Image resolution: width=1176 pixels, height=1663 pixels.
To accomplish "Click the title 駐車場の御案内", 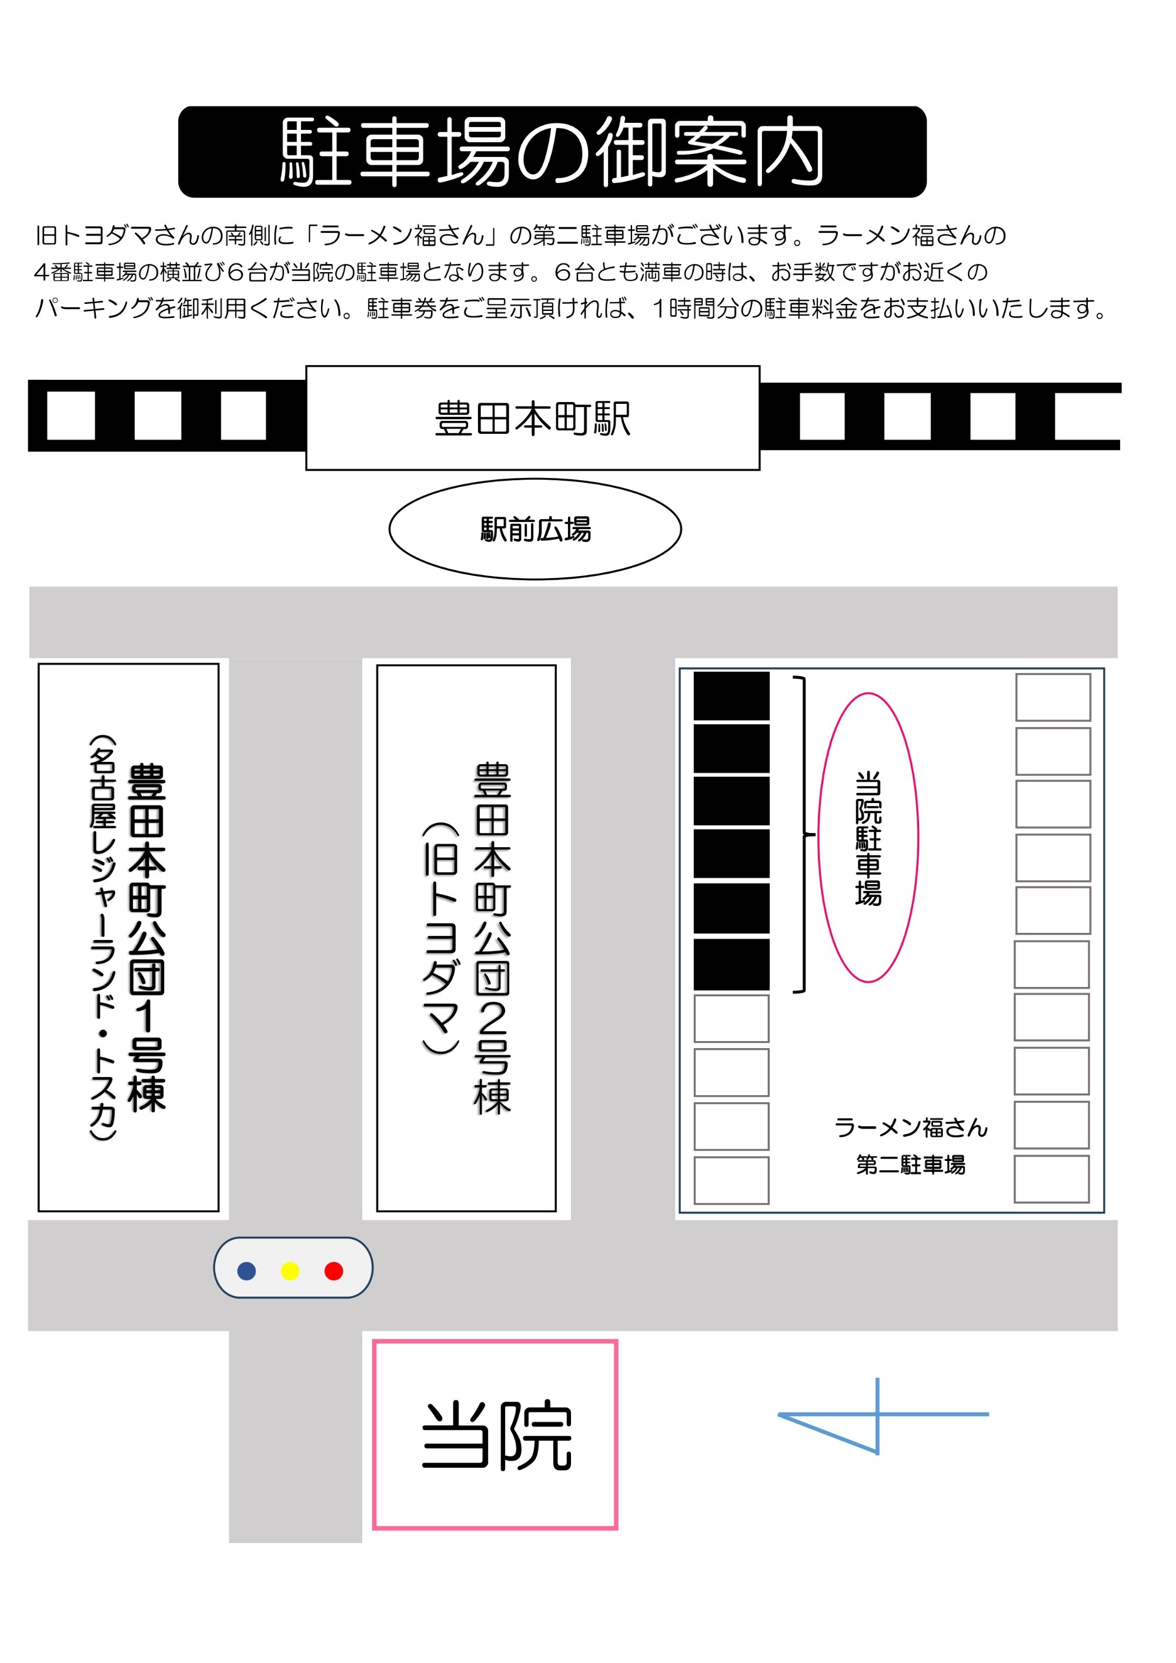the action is (x=552, y=152).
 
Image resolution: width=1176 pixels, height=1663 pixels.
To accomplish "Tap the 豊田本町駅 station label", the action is (x=533, y=419).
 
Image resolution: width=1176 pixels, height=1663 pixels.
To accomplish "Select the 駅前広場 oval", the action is (x=536, y=530).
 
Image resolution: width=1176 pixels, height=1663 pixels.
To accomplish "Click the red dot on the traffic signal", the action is (x=334, y=1271).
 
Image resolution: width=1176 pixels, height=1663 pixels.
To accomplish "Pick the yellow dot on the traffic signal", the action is (x=290, y=1271).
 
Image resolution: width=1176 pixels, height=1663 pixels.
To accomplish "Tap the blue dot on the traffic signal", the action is (x=246, y=1271).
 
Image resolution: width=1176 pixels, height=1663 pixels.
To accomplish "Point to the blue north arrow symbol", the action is (x=878, y=1414).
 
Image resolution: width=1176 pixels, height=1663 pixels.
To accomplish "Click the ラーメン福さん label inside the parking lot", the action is (x=911, y=1127).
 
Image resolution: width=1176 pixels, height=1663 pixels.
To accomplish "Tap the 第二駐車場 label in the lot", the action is (x=911, y=1165).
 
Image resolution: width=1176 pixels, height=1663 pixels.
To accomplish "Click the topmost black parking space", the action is (x=732, y=696).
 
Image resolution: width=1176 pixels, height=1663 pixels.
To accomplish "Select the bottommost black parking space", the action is (x=732, y=965).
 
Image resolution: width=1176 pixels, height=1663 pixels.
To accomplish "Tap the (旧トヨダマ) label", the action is (x=440, y=938).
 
